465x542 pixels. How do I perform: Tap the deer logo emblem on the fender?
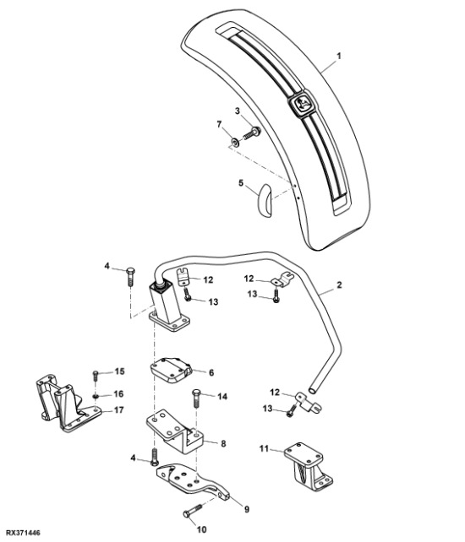pyautogui.click(x=302, y=105)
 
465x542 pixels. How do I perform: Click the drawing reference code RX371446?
pyautogui.click(x=22, y=534)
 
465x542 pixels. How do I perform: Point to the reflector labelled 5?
pyautogui.click(x=263, y=200)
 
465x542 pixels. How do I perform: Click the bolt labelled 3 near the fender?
pyautogui.click(x=252, y=133)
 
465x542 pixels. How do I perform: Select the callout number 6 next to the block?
pyautogui.click(x=211, y=372)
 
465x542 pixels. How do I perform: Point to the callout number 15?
pyautogui.click(x=119, y=371)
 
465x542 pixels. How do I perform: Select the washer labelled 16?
pyautogui.click(x=98, y=394)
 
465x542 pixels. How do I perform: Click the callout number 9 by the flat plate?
pyautogui.click(x=236, y=508)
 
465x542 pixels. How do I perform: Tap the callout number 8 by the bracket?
pyautogui.click(x=223, y=442)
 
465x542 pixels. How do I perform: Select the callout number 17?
pyautogui.click(x=119, y=411)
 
